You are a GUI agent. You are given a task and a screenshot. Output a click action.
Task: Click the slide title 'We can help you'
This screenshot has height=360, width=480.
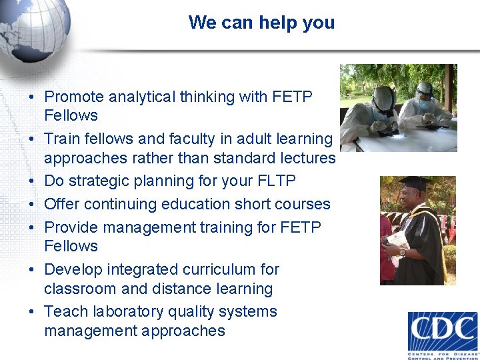(x=261, y=23)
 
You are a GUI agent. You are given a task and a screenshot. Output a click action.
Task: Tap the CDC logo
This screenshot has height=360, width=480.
(x=443, y=333)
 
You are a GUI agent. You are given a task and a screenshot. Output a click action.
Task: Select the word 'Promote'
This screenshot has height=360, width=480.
(x=73, y=97)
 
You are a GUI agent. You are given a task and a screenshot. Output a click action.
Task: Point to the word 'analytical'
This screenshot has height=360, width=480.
(x=145, y=97)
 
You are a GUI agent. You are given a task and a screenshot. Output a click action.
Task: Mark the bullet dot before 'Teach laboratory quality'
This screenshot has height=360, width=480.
(x=31, y=312)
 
